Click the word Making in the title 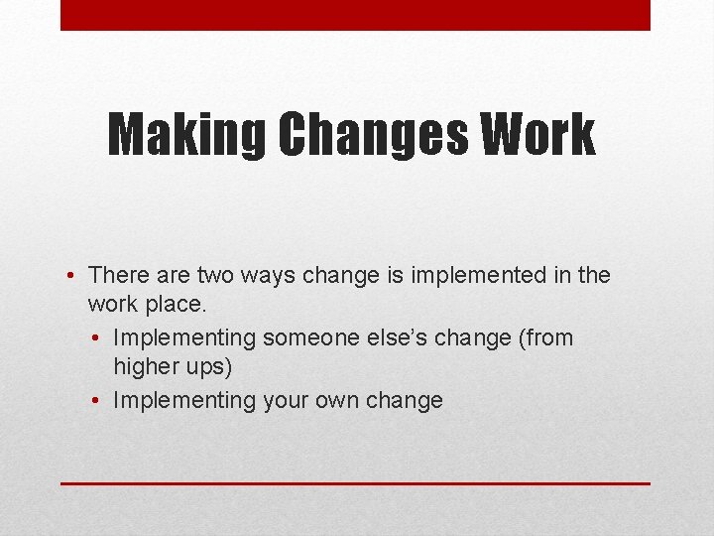tap(184, 135)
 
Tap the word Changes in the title tap(373, 135)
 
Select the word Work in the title tap(538, 135)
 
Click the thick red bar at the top tap(355, 15)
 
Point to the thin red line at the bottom tap(355, 483)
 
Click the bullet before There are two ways tap(73, 275)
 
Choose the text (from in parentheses tap(543, 338)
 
